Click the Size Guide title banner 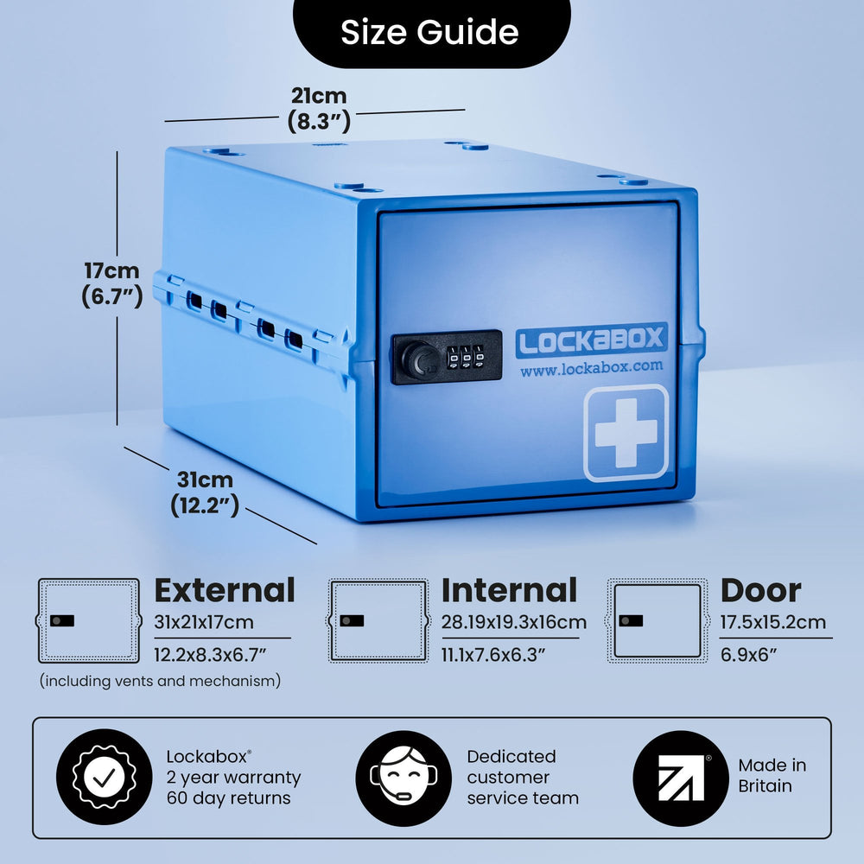tap(431, 32)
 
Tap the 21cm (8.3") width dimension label tap(319, 109)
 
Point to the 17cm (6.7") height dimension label tap(111, 283)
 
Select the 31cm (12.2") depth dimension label tap(205, 492)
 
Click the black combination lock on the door tap(447, 357)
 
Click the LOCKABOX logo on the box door tap(591, 340)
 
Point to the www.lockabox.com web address tap(591, 368)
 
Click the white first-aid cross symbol tap(626, 433)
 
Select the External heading tap(225, 590)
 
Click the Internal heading tap(509, 590)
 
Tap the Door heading tap(761, 590)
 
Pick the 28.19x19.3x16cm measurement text tap(513, 622)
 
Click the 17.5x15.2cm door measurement tap(773, 622)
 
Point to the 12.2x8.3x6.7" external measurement tap(210, 655)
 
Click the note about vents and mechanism tap(161, 681)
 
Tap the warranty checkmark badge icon tap(105, 778)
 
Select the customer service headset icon tap(403, 778)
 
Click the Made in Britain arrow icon tap(681, 778)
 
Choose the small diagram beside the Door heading tap(657, 620)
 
